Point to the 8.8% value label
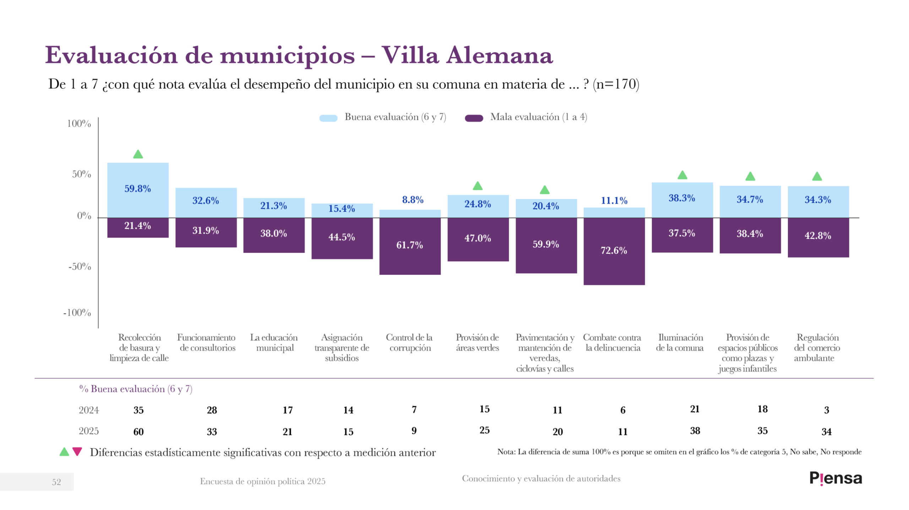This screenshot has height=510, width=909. (413, 200)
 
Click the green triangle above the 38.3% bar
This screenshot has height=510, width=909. (682, 175)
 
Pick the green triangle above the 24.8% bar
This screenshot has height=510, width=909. (478, 186)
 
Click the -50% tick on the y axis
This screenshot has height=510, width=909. (80, 267)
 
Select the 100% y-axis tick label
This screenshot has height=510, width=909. (79, 124)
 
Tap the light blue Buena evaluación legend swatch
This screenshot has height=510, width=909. (328, 118)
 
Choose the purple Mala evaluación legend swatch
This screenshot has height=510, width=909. (474, 118)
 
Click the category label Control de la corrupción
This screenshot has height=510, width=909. (410, 342)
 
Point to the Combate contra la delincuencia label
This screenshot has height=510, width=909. (612, 342)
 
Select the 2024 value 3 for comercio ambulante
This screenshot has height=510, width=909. (826, 410)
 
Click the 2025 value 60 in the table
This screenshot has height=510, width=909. (138, 432)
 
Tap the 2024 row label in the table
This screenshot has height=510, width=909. (89, 410)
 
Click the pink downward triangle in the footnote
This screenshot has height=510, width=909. (77, 451)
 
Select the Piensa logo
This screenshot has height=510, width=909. (835, 478)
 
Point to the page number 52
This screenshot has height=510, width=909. (56, 482)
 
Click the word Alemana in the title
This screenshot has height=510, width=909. (499, 55)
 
